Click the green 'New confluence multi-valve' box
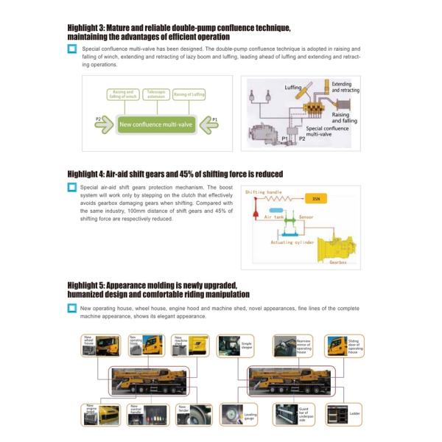(x=155, y=124)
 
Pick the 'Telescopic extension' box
(x=155, y=94)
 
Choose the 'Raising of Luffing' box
(x=189, y=94)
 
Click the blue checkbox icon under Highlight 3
(x=72, y=49)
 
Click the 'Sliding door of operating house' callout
(x=343, y=345)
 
